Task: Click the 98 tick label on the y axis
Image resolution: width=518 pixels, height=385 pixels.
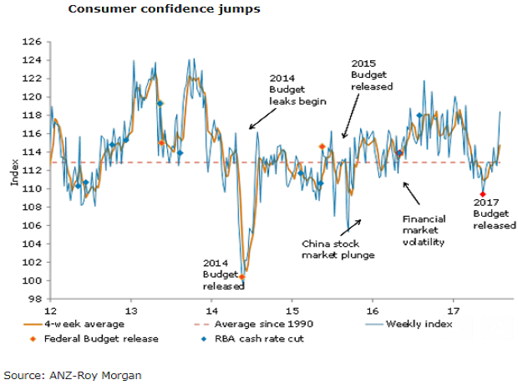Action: pos(35,299)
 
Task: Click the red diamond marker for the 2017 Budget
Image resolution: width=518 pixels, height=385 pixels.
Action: pos(482,194)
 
